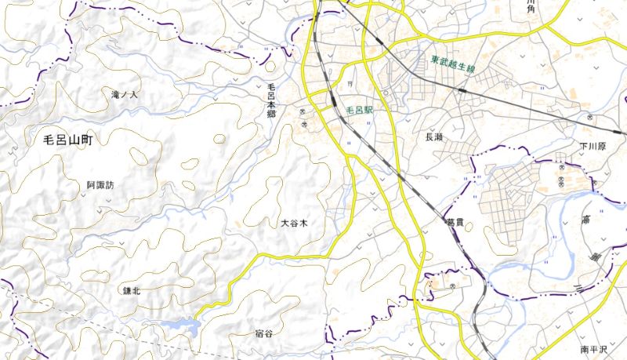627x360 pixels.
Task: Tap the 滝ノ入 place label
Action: [125, 95]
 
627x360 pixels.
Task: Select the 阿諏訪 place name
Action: [100, 186]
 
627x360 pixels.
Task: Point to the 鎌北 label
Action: [131, 290]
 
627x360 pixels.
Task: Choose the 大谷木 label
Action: [294, 224]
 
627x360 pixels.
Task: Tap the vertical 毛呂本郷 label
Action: [271, 100]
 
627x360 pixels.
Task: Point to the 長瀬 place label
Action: [433, 136]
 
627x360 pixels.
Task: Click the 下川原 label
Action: [593, 147]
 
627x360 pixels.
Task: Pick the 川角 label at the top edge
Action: [532, 6]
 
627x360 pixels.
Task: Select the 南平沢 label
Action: [595, 349]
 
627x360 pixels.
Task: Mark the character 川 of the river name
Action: [578, 289]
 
